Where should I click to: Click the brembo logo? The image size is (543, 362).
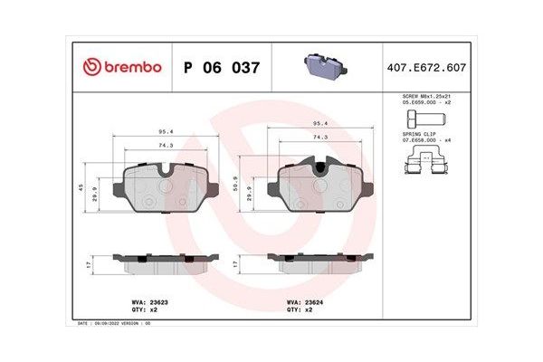(x=121, y=67)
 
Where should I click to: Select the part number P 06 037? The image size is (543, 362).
(x=222, y=67)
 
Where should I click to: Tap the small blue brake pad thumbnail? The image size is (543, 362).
(x=323, y=65)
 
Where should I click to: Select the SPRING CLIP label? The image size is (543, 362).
(x=419, y=135)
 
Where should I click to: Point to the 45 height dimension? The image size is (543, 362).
(x=80, y=187)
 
